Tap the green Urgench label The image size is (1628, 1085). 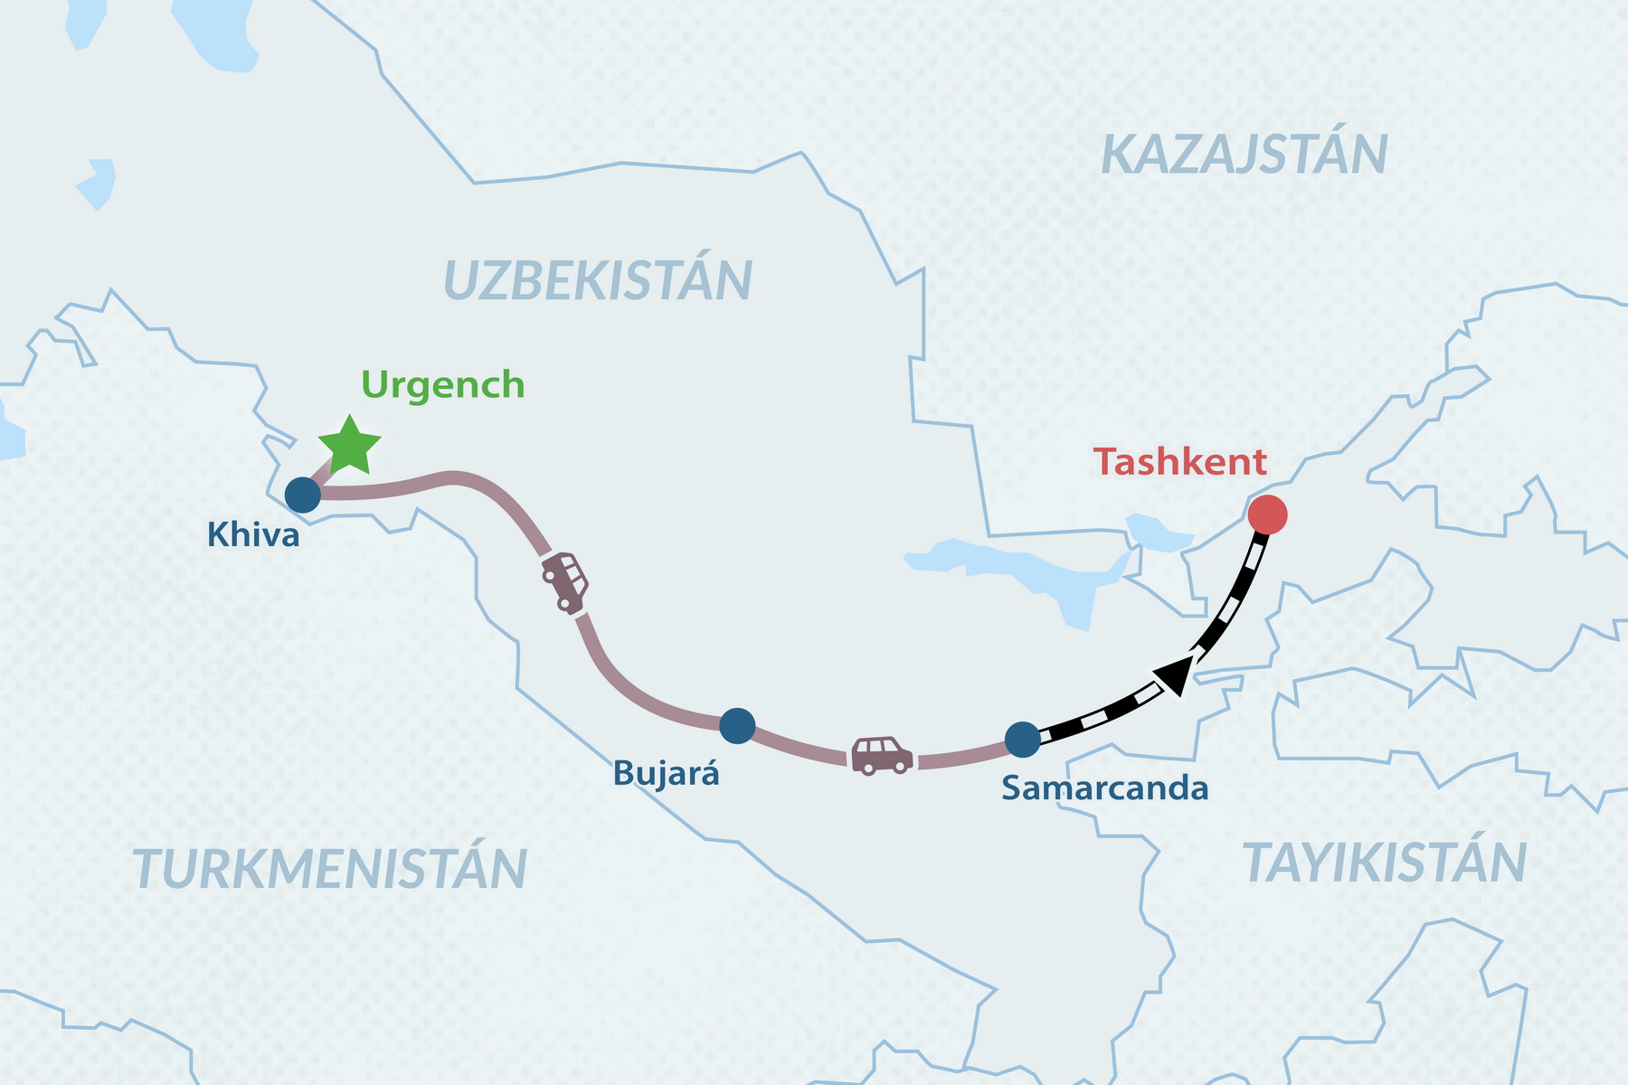click(442, 385)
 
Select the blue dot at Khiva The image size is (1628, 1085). click(303, 495)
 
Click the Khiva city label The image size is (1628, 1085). click(253, 535)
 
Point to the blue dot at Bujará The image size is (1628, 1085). click(737, 725)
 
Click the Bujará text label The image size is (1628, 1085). click(666, 774)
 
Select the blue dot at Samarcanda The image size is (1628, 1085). click(1023, 740)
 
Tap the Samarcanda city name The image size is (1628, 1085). click(1104, 788)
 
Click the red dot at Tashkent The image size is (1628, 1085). click(1266, 514)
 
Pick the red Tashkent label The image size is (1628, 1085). click(1179, 462)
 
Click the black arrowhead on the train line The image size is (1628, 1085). click(1174, 675)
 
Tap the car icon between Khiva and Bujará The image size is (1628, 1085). click(565, 581)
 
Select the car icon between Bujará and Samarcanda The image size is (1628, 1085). click(882, 756)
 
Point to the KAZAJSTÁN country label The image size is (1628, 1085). click(1244, 155)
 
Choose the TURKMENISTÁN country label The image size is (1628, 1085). click(330, 869)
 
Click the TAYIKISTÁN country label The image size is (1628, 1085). click(1384, 863)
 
